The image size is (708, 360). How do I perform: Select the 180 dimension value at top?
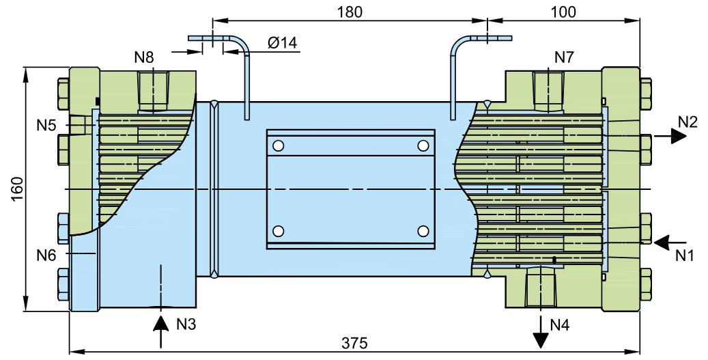point(350,12)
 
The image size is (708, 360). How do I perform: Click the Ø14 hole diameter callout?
point(282,43)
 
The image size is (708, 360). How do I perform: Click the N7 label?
point(563,57)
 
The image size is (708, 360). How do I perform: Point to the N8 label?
point(144,57)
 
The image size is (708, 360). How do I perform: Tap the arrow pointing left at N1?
point(669,240)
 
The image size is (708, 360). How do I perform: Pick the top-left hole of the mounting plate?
point(278,146)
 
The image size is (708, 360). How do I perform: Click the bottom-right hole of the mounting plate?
point(423,230)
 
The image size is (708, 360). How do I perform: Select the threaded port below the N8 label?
point(153,90)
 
